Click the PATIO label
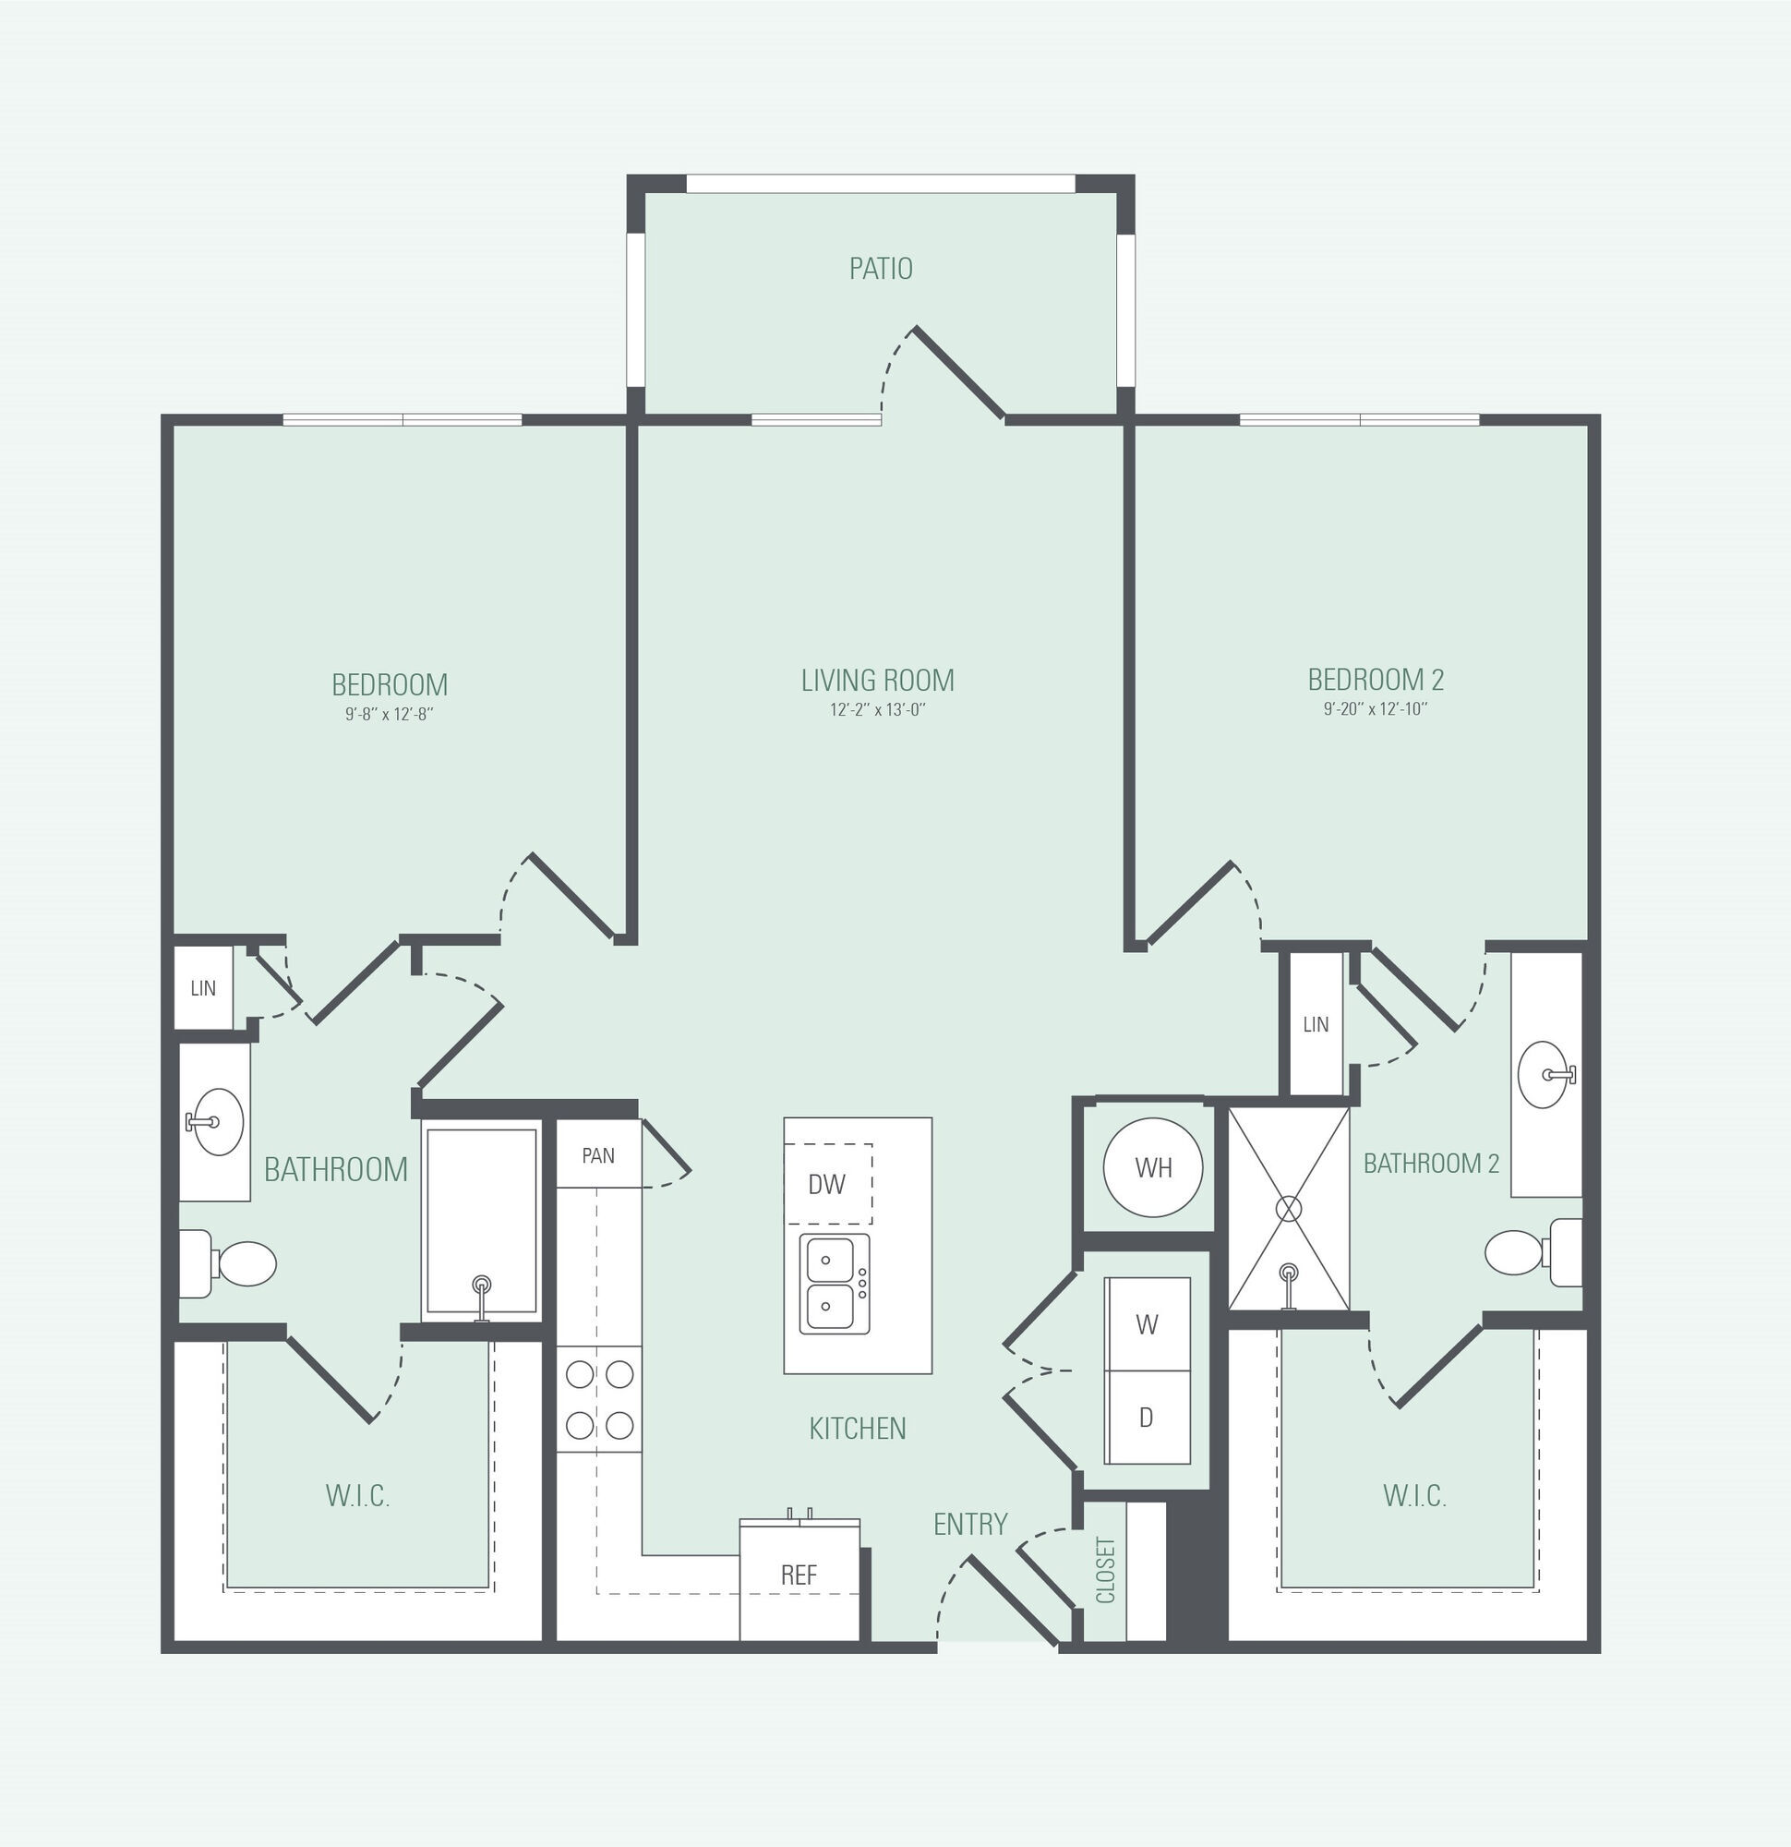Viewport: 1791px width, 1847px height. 881,269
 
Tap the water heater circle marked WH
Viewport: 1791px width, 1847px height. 1153,1167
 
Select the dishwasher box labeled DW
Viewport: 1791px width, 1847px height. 828,1184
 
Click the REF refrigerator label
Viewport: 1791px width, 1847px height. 799,1574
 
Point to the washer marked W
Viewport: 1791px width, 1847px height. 1147,1324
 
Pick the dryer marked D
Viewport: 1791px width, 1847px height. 1147,1418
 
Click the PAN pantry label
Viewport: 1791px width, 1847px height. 598,1155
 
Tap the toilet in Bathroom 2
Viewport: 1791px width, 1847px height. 1533,1252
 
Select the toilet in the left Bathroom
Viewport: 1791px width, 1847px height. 227,1263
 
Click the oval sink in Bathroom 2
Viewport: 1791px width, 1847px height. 1545,1074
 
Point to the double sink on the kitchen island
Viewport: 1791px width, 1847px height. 835,1285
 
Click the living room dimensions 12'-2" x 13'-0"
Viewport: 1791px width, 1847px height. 878,710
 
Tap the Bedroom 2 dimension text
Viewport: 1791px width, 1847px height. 1376,709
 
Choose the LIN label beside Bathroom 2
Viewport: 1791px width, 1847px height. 1316,1024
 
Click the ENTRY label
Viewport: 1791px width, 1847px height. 970,1524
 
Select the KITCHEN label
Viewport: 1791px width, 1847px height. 858,1429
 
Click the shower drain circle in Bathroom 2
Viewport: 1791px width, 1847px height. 1288,1209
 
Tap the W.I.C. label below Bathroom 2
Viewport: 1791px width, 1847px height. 1414,1495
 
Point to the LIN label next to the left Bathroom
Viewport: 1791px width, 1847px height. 203,987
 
